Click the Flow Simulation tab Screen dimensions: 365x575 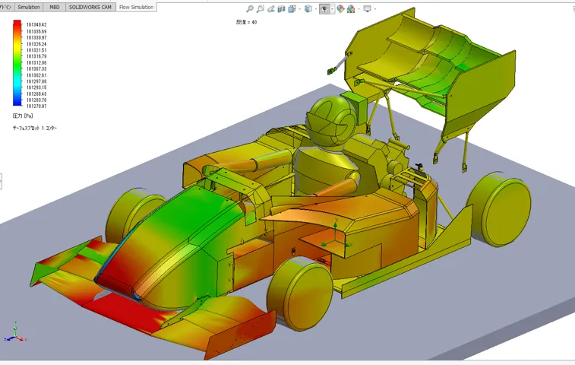[x=137, y=7]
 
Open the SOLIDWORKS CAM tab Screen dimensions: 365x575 [x=90, y=7]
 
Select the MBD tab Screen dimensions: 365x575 [x=55, y=7]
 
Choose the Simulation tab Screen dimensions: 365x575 [x=29, y=7]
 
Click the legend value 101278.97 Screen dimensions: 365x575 [x=36, y=106]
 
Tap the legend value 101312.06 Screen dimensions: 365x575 [x=36, y=63]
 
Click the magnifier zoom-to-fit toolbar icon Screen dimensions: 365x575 [x=250, y=9]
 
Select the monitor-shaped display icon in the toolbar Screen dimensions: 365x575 [x=368, y=9]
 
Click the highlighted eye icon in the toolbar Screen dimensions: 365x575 [x=325, y=9]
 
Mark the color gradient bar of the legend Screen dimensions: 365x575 [x=17, y=65]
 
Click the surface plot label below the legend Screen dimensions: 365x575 [x=35, y=129]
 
